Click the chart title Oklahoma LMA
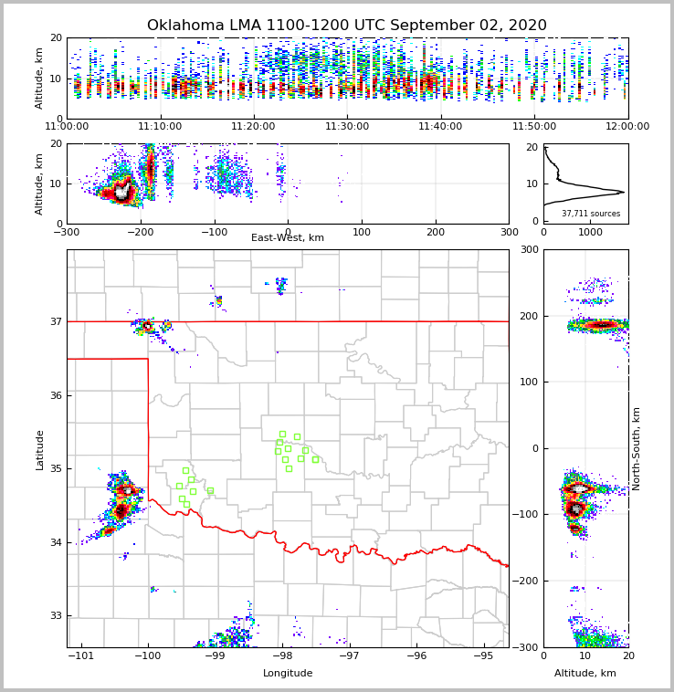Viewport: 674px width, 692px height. (346, 26)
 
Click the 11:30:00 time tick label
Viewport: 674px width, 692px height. (347, 127)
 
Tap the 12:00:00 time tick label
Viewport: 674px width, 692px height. (627, 127)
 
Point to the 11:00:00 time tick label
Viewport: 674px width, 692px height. (67, 127)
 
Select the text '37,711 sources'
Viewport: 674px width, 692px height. (591, 214)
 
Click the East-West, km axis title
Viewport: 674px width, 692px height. (288, 238)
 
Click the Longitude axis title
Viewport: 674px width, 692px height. (288, 674)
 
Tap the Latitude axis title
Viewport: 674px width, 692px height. (39, 449)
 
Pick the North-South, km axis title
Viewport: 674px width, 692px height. (637, 448)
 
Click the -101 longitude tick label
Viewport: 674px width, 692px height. (81, 655)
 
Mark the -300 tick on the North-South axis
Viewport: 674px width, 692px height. (526, 647)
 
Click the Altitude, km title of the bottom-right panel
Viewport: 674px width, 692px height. (585, 674)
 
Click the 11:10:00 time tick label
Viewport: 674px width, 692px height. (160, 127)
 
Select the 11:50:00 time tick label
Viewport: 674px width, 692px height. (534, 127)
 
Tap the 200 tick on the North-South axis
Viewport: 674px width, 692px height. (529, 316)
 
